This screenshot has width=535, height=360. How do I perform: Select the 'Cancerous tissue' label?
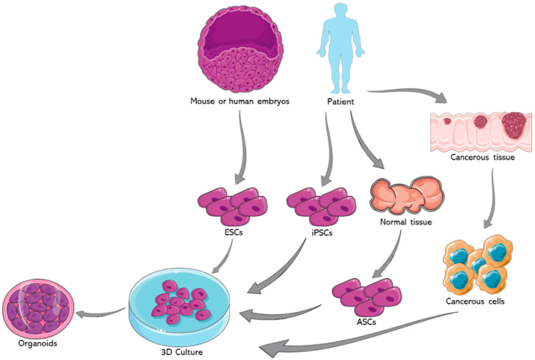[x=482, y=156]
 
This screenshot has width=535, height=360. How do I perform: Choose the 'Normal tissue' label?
[x=407, y=222]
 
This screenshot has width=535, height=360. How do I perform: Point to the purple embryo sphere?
[x=238, y=47]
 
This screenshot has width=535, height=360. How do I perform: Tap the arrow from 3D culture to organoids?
[x=100, y=314]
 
